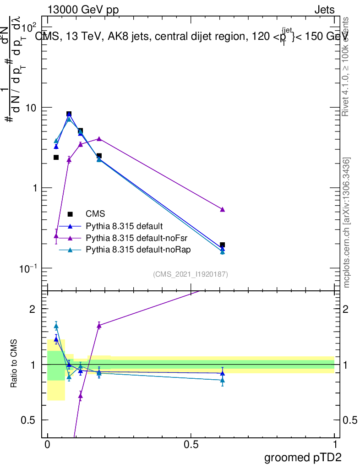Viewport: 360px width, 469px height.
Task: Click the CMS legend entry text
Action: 95,214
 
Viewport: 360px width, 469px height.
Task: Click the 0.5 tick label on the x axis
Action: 191,445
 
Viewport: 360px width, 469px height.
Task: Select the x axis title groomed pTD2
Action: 303,458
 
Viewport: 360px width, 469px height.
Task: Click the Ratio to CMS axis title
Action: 14,364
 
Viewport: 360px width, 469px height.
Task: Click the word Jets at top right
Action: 324,11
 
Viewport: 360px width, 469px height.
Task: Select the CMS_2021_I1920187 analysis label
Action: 191,274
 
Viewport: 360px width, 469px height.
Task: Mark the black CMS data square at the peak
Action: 69,114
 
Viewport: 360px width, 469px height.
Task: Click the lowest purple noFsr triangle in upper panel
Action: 56,236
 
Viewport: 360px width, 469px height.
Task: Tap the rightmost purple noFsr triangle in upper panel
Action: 223,209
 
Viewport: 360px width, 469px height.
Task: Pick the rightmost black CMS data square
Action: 223,245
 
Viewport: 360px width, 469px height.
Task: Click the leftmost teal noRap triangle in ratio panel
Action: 56,326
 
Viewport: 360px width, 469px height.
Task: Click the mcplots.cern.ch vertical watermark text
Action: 347,223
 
